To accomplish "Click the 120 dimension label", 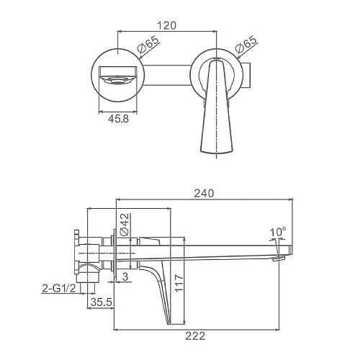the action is [166, 25].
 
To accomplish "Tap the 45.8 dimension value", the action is [118, 119].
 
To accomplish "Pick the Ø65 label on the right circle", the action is [246, 45].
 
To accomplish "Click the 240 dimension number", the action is [204, 193].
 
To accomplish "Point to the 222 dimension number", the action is [195, 336].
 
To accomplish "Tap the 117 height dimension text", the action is [179, 284].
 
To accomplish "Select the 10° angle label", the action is [278, 233].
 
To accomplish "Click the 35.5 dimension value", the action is [102, 302].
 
